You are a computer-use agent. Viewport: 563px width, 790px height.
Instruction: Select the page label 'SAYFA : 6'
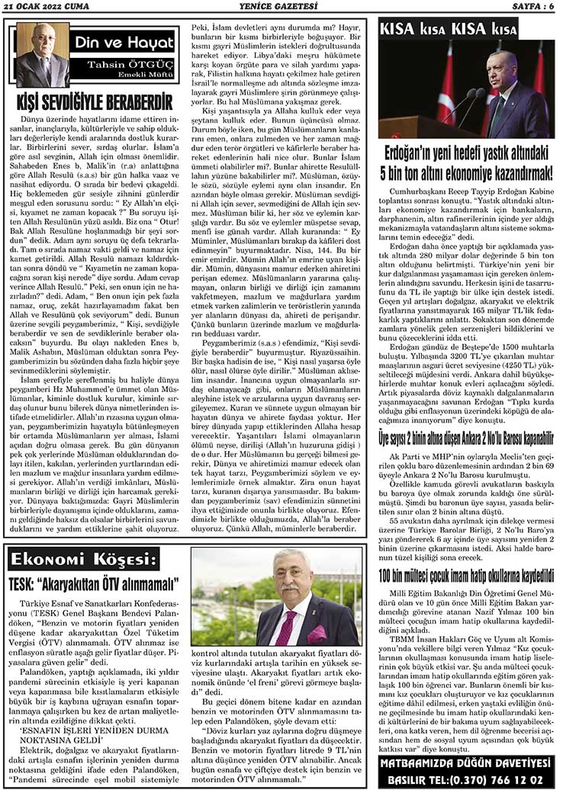[x=535, y=7]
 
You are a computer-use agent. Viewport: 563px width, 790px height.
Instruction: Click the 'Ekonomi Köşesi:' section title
[x=85, y=558]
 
